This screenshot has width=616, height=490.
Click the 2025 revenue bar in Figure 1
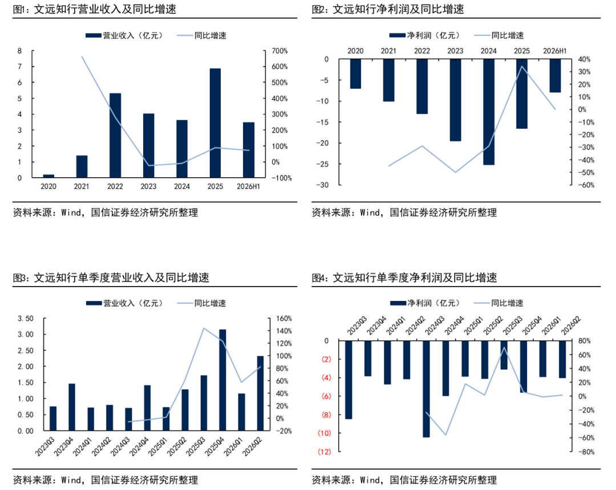pyautogui.click(x=215, y=123)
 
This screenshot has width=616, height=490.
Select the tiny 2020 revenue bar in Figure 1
pyautogui.click(x=48, y=176)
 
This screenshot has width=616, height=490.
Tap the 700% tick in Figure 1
pyautogui.click(x=279, y=51)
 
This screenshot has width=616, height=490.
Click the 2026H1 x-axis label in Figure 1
pyautogui.click(x=248, y=186)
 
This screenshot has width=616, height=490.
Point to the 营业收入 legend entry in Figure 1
pyautogui.click(x=124, y=36)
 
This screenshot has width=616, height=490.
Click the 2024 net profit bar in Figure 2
pyautogui.click(x=489, y=112)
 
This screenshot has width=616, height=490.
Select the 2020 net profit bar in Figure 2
pyautogui.click(x=355, y=73)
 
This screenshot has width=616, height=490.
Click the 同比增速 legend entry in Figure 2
pyautogui.click(x=499, y=36)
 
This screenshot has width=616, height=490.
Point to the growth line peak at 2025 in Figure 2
pyautogui.click(x=522, y=66)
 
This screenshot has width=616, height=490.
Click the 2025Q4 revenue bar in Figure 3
pyautogui.click(x=222, y=380)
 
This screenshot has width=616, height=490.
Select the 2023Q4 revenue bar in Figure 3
pyautogui.click(x=72, y=407)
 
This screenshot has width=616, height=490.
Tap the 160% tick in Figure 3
pyautogui.click(x=283, y=318)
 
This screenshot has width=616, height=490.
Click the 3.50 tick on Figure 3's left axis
pyautogui.click(x=26, y=318)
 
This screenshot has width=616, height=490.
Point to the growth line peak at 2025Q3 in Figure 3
pyautogui.click(x=204, y=328)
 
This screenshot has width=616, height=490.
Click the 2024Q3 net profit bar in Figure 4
pyautogui.click(x=426, y=389)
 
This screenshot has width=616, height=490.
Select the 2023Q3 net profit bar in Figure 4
pyautogui.click(x=348, y=380)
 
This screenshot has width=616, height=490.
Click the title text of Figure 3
pyautogui.click(x=111, y=277)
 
